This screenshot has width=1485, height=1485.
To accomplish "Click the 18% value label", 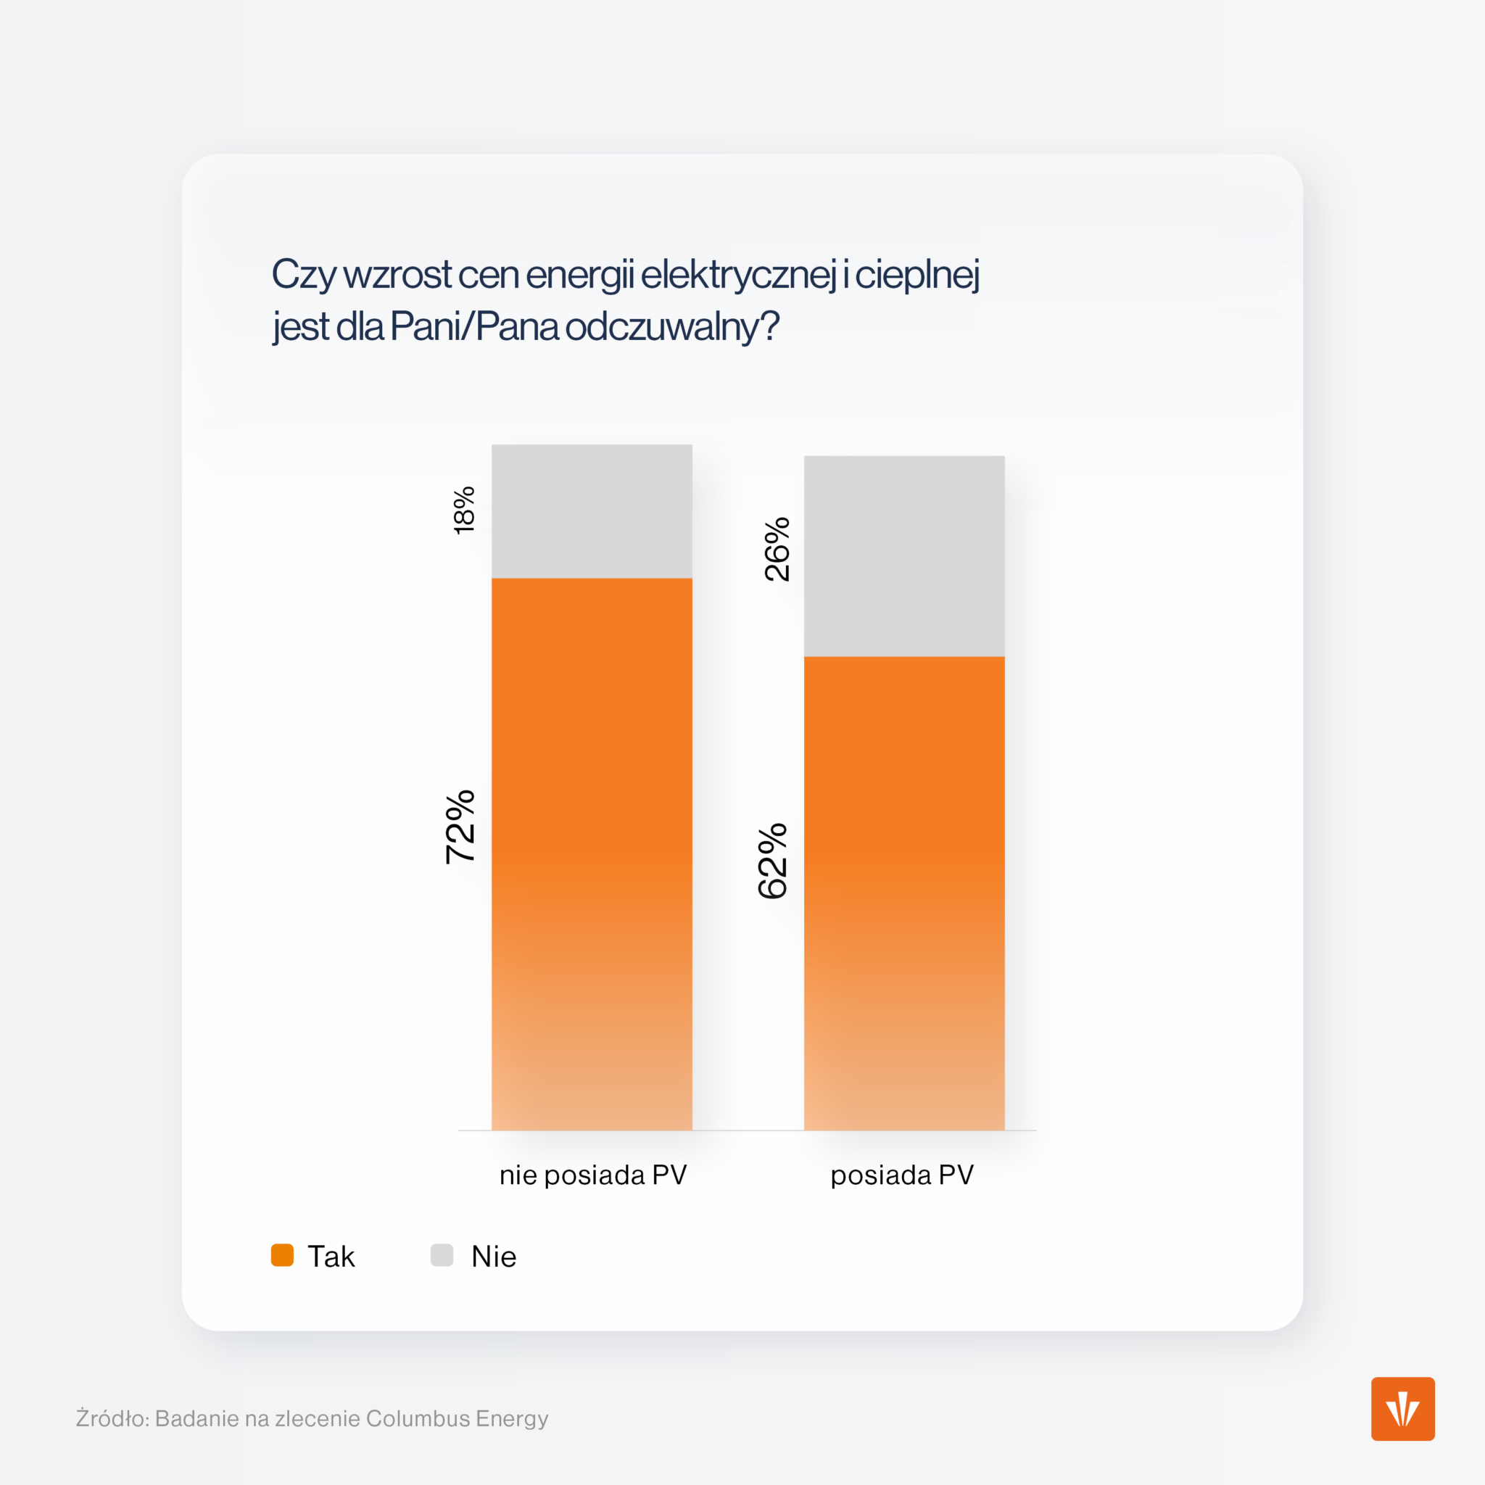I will tap(464, 510).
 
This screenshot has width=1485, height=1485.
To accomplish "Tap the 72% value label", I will tap(460, 827).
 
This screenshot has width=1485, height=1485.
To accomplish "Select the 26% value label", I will tap(777, 549).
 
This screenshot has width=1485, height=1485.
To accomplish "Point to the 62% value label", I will tap(772, 861).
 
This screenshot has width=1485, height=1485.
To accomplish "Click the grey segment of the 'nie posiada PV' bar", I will tap(592, 511).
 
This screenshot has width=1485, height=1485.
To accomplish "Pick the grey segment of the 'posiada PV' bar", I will tap(904, 555).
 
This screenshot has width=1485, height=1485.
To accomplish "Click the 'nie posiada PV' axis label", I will tap(592, 1175).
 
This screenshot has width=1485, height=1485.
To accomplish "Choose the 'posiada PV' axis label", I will tap(902, 1175).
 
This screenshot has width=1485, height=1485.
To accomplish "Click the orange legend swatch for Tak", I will tap(282, 1255).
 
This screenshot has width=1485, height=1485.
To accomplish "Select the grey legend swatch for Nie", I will tap(442, 1255).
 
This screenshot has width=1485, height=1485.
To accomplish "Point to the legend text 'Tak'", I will tap(331, 1257).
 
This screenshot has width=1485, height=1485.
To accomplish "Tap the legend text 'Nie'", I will tap(494, 1257).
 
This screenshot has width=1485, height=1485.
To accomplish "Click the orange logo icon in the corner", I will tap(1403, 1409).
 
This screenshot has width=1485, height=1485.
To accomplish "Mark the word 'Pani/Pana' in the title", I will tap(474, 327).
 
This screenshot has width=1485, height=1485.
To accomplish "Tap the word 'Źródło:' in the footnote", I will tap(112, 1418).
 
